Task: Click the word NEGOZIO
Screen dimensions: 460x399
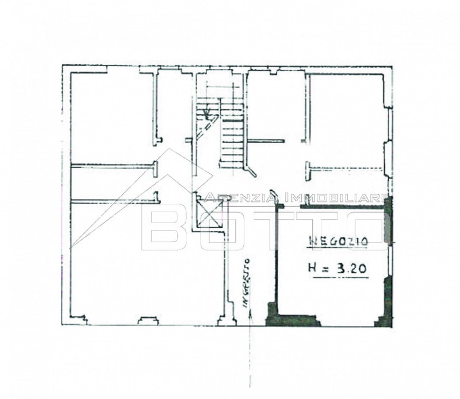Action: (338, 241)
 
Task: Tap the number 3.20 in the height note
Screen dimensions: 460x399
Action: (351, 268)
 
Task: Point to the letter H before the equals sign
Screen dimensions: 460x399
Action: (312, 268)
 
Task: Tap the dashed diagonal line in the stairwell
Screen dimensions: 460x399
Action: (207, 126)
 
